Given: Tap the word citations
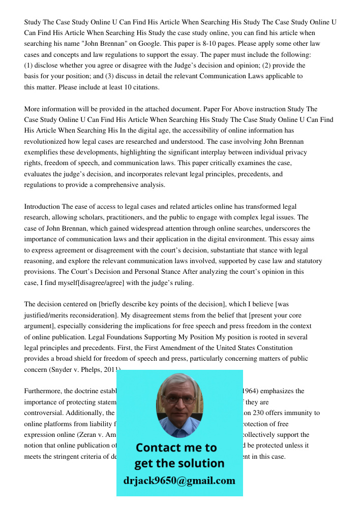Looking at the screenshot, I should (x=145, y=87).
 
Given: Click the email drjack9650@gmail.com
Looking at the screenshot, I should (x=179, y=481).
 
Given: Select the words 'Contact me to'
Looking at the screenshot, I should (x=176, y=448).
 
